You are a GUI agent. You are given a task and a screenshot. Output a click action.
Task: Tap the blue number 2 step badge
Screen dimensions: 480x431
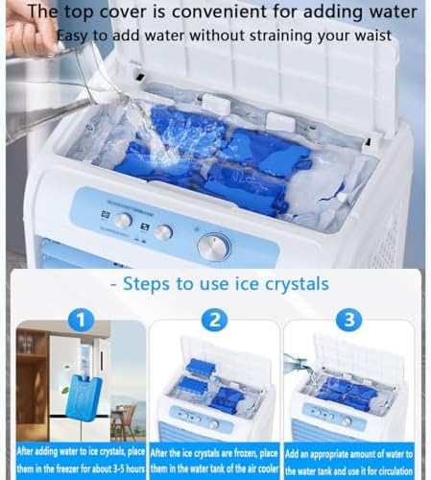214,321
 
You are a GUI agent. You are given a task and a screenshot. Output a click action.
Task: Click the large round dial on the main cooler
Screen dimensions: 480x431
213,246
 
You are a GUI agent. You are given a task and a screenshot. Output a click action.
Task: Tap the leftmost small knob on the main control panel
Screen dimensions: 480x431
123,221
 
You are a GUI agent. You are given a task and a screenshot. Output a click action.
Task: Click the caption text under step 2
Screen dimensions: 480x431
215,460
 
